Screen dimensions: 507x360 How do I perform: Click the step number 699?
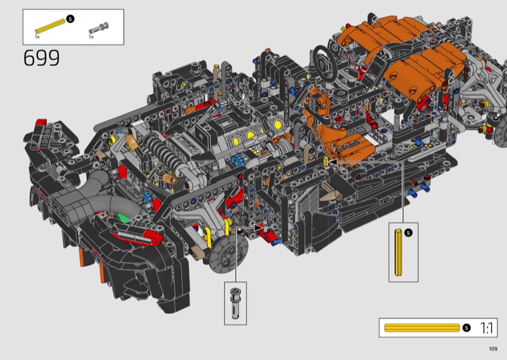tap(41, 58)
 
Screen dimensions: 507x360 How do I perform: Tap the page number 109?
tap(493, 349)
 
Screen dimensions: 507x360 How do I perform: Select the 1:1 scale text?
tap(486, 328)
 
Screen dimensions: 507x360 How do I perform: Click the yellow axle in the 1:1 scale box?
tap(422, 328)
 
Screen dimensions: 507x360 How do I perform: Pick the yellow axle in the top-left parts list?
tap(50, 26)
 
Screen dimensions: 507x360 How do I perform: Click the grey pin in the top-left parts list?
tap(99, 28)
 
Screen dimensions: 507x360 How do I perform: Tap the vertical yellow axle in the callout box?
tap(399, 252)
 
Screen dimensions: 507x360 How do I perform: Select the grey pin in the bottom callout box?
tap(235, 303)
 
